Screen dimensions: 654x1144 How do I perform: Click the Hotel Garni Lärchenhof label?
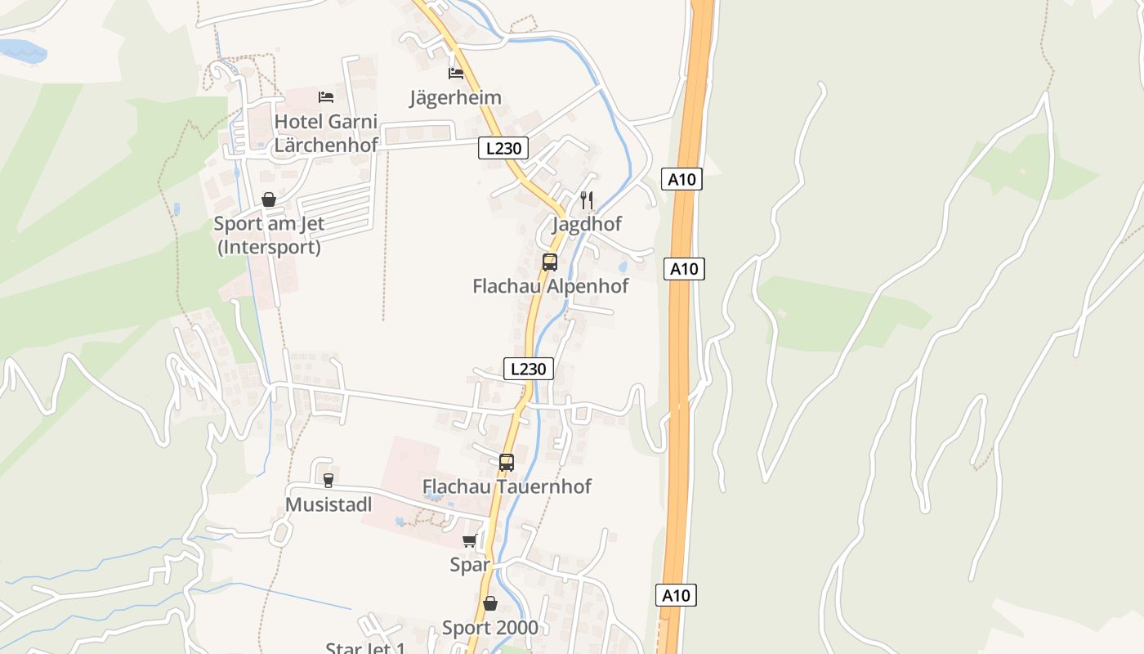326,133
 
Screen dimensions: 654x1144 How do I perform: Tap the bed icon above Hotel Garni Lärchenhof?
326,97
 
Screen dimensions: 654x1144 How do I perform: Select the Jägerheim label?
455,98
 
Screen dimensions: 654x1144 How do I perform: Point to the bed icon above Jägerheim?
456,74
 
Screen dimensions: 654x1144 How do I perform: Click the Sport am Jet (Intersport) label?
269,235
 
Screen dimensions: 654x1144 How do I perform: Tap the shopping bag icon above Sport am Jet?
269,199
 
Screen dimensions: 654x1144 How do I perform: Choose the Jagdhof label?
587,224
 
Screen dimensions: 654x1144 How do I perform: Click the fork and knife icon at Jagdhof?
586,199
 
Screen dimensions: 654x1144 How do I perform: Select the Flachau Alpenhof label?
551,286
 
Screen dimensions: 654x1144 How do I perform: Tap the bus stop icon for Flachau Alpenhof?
550,262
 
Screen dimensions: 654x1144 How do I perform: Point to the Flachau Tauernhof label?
507,486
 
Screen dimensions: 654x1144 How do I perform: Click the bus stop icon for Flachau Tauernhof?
507,463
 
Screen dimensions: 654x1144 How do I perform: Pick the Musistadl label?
328,504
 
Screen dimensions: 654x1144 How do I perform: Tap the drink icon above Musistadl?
328,480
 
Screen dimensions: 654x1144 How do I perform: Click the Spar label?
470,564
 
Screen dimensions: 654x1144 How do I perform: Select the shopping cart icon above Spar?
470,540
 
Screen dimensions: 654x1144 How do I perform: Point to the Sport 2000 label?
490,628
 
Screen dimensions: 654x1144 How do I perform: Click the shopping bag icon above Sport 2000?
490,604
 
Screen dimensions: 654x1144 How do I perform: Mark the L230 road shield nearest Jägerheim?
503,148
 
